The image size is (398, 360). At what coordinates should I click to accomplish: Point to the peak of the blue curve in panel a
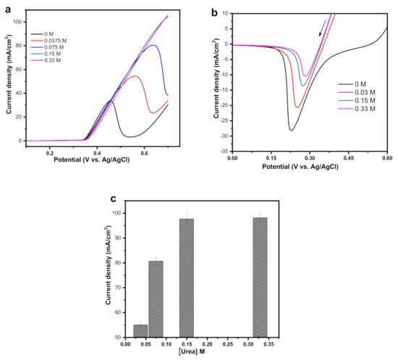coord(152,45)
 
